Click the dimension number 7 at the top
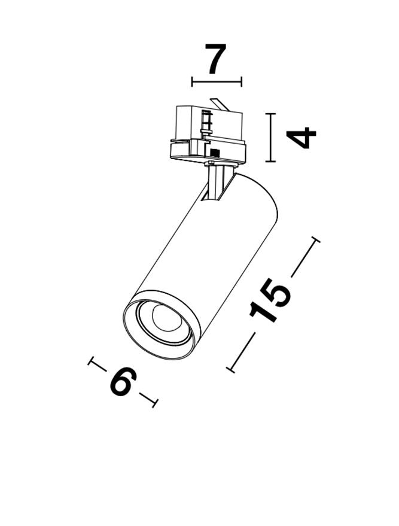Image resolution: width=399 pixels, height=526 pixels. [216, 59]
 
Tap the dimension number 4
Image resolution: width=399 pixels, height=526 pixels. [301, 138]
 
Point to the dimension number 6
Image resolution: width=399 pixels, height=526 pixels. [123, 382]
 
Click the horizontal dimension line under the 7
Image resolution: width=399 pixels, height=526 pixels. [217, 81]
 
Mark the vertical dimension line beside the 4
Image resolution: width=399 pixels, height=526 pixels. [270, 138]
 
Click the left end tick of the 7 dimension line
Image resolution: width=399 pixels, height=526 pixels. [192, 81]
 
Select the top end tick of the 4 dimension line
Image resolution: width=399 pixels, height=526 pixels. [270, 114]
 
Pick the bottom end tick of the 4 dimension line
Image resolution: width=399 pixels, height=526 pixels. [270, 162]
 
